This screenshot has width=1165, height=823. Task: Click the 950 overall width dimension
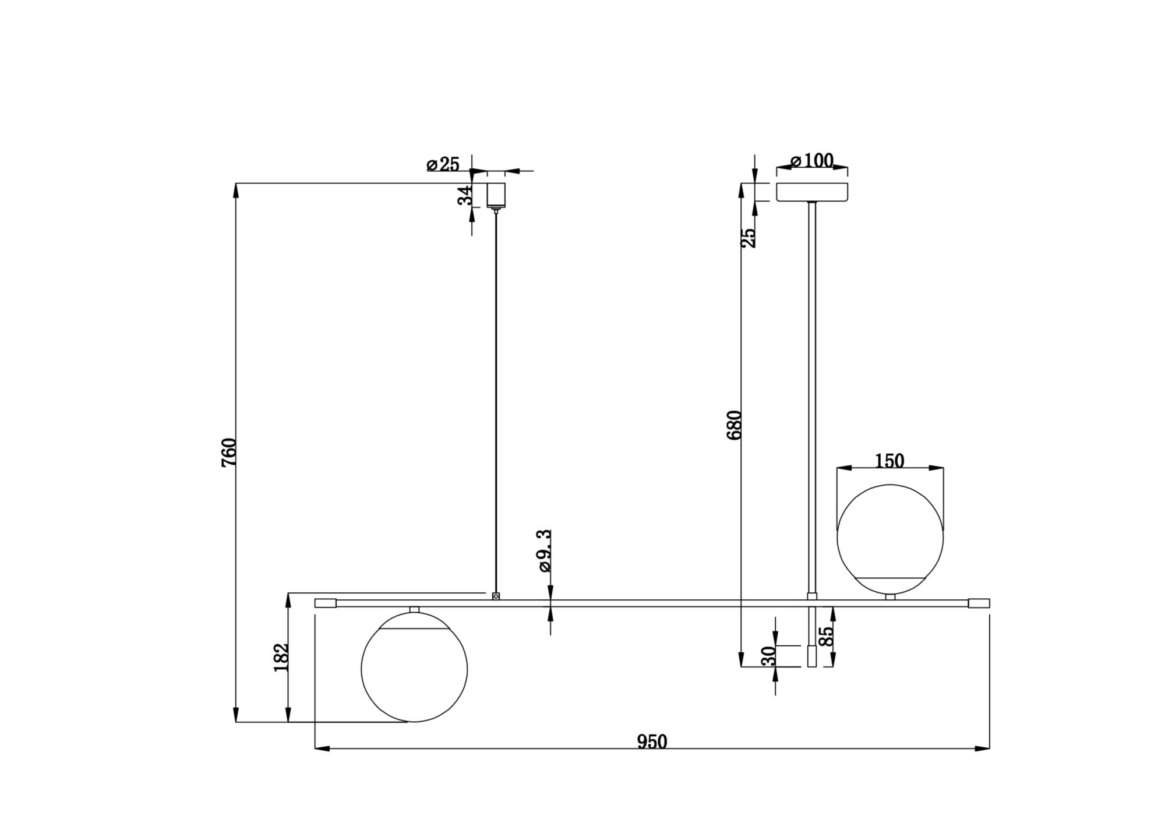(652, 741)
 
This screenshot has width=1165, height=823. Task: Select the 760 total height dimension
(230, 452)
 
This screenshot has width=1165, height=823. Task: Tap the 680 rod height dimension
(735, 425)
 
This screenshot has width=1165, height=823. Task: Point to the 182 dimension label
(281, 658)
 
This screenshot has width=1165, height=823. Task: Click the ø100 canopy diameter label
(812, 160)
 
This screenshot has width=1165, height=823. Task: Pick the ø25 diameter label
(443, 164)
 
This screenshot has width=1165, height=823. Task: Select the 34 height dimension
(464, 196)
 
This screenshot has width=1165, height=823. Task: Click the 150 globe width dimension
(889, 461)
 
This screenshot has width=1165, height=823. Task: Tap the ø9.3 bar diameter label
(544, 551)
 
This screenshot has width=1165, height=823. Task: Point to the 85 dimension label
(826, 636)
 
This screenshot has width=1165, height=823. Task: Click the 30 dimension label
(769, 656)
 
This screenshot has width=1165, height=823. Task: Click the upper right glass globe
(889, 539)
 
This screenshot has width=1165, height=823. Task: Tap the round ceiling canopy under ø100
(812, 192)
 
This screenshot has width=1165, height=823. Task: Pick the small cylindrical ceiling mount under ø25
(496, 195)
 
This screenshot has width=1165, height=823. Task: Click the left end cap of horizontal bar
(326, 603)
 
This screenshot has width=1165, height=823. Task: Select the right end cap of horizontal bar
(979, 603)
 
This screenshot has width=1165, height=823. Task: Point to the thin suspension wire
(496, 402)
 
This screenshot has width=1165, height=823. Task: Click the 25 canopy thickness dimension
(750, 237)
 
